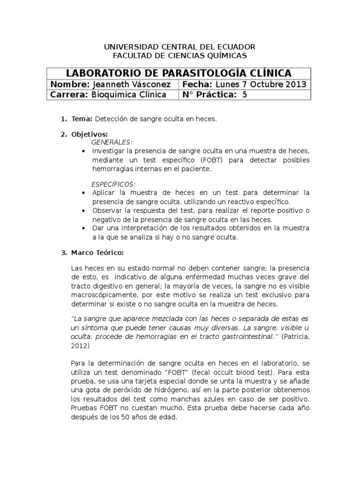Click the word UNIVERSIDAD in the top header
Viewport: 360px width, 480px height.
tap(125, 47)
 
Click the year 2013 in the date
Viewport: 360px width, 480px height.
tap(296, 84)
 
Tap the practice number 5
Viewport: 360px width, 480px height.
tap(244, 95)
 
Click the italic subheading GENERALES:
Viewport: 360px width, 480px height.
tap(112, 142)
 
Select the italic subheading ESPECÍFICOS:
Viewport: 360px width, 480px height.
tap(114, 184)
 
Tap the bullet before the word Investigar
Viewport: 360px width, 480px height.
tap(83, 151)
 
